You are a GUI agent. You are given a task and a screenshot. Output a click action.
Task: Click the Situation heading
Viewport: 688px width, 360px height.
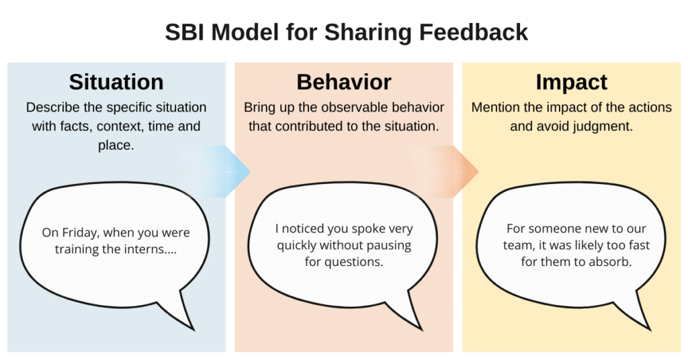click(116, 82)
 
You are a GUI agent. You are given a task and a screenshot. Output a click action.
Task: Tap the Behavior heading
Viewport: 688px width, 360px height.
click(344, 82)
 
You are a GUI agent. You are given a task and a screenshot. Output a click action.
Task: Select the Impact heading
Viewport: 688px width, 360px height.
click(571, 83)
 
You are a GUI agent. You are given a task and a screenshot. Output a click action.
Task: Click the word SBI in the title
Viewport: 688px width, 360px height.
click(185, 32)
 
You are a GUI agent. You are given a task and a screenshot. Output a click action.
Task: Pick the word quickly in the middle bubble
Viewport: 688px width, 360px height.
click(296, 246)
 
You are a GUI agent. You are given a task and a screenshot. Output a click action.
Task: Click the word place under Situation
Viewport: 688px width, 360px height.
click(116, 146)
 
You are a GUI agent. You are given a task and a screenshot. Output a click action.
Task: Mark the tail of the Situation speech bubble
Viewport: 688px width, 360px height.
click(193, 329)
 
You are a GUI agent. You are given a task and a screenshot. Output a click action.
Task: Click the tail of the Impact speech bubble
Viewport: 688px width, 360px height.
click(649, 329)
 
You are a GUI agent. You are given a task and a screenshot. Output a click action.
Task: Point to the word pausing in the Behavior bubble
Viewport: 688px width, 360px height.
click(389, 246)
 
